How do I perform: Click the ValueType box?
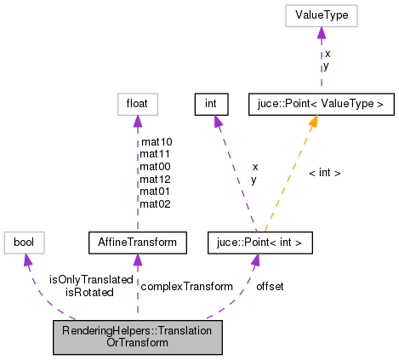pyautogui.click(x=321, y=16)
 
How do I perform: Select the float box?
pyautogui.click(x=136, y=105)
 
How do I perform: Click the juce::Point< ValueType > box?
pyautogui.click(x=321, y=105)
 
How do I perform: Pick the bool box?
pyautogui.click(x=24, y=243)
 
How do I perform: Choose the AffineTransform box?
pyautogui.click(x=137, y=243)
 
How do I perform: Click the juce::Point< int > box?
pyautogui.click(x=254, y=243)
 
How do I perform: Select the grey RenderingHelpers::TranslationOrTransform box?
pyautogui.click(x=137, y=338)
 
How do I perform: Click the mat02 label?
pyautogui.click(x=155, y=203)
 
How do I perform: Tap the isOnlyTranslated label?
pyautogui.click(x=91, y=279)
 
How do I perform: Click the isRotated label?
pyautogui.click(x=89, y=292)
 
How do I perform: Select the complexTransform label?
pyautogui.click(x=186, y=286)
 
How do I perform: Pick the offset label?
pyautogui.click(x=270, y=286)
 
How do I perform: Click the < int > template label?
pyautogui.click(x=324, y=173)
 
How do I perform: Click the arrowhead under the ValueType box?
pyautogui.click(x=321, y=33)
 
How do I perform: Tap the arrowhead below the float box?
pyautogui.click(x=136, y=122)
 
